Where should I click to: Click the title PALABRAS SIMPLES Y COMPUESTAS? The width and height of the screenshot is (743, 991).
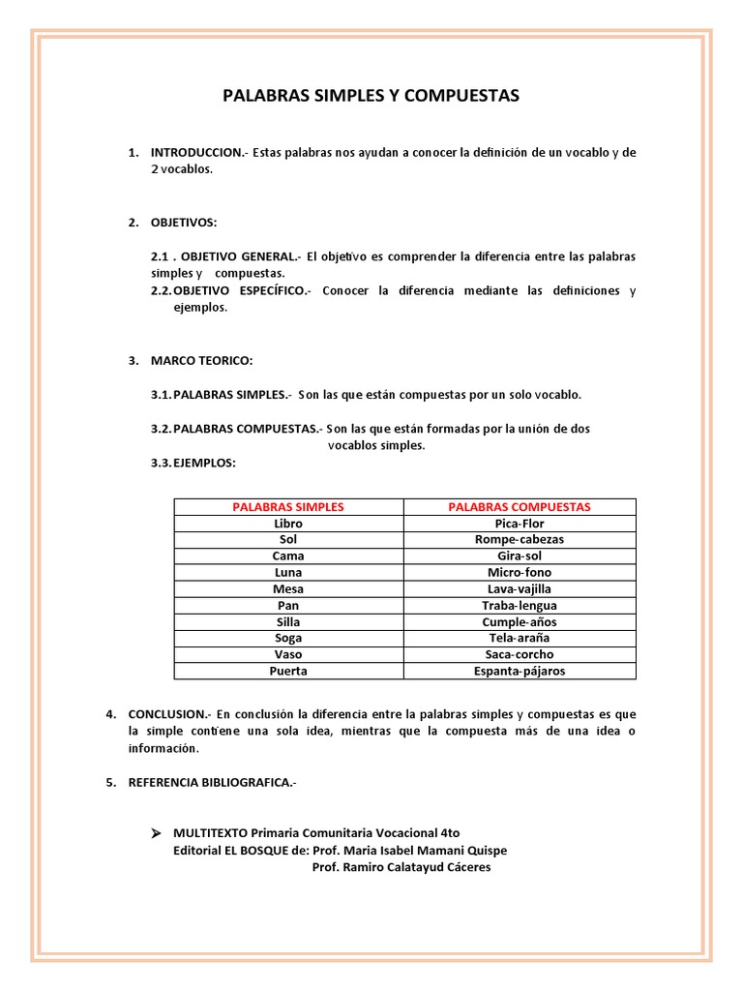pos(371,96)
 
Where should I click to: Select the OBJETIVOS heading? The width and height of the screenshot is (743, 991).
pos(184,223)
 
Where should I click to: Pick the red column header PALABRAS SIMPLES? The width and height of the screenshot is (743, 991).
pos(288,507)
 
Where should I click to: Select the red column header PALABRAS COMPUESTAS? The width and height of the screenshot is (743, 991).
pos(520,507)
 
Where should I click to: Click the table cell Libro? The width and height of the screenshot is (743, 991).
pos(288,524)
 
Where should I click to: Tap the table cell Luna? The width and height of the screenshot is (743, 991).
pos(288,573)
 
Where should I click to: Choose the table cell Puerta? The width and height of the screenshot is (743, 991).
pos(288,671)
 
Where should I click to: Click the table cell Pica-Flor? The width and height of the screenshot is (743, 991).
pos(520,524)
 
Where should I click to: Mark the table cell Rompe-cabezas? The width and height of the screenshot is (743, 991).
pos(520,540)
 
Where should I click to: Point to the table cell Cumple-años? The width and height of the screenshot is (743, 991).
pos(520,622)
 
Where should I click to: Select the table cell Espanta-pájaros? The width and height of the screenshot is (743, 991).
pos(520,671)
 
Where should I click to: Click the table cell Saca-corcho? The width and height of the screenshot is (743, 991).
pos(520,654)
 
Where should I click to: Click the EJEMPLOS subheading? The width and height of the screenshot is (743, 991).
pos(204,464)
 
